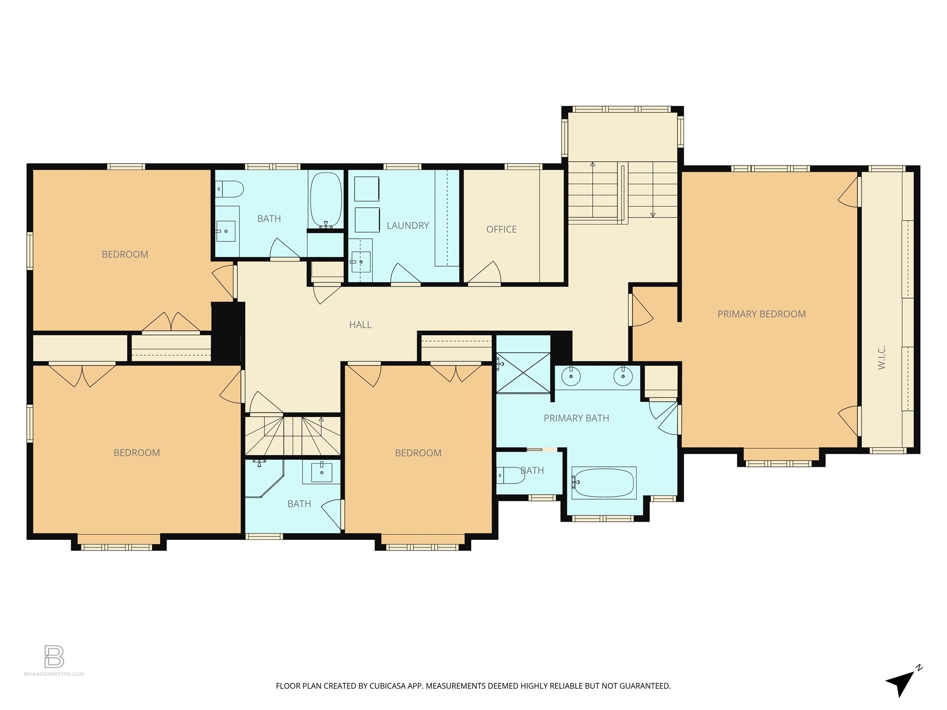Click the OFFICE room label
point(501,229)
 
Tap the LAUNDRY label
point(407,226)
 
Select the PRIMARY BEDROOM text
point(761,314)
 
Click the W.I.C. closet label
point(881,357)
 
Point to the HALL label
point(360,325)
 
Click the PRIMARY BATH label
point(576,418)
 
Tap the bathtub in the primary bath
point(603,483)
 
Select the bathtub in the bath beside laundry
point(326,200)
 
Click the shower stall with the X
point(523,373)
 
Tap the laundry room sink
point(360,262)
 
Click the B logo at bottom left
point(54,657)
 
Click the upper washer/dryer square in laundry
point(367,189)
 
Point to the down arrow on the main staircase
point(653,214)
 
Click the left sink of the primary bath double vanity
point(571,376)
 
